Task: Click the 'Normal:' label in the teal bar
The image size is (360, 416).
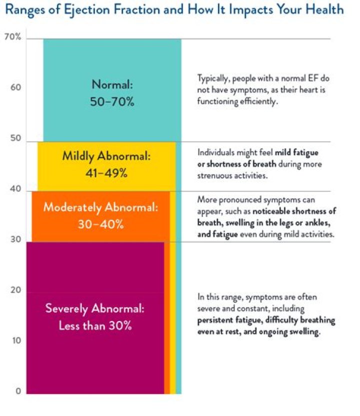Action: pyautogui.click(x=112, y=85)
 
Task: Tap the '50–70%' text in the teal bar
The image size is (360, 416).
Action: pyautogui.click(x=112, y=102)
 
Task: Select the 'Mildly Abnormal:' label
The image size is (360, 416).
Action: pyautogui.click(x=106, y=156)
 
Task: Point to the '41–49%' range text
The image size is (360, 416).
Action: pyautogui.click(x=106, y=173)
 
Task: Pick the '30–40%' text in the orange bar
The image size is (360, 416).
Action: pyautogui.click(x=100, y=224)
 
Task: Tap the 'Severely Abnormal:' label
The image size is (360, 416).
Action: pyautogui.click(x=95, y=309)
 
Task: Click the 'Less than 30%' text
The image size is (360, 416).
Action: pyautogui.click(x=95, y=325)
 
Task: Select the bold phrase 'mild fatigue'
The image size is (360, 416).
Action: pyautogui.click(x=296, y=152)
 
